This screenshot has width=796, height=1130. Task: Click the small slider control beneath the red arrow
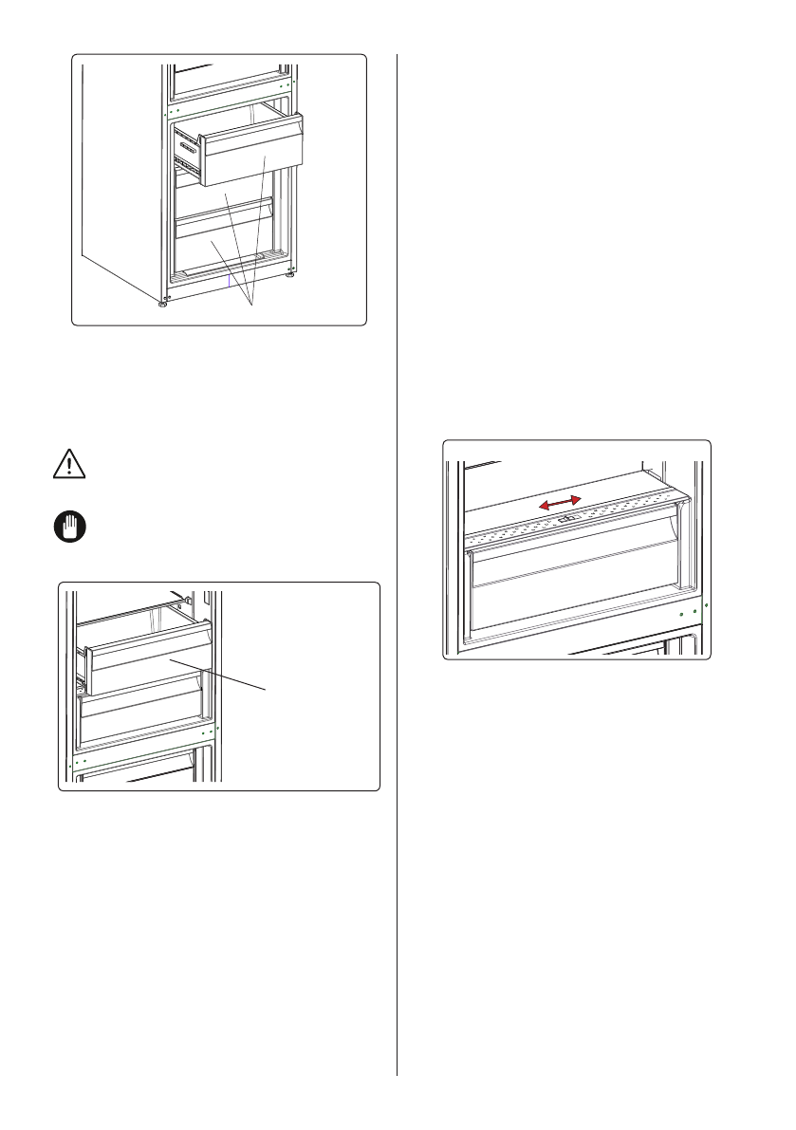coord(565,519)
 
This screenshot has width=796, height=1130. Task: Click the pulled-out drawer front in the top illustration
coord(253,152)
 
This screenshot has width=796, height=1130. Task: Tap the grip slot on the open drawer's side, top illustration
coord(186,147)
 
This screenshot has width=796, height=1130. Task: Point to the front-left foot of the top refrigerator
coord(162,304)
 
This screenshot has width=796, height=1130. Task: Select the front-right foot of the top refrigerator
coord(288,277)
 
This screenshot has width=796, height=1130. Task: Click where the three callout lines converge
coord(251,305)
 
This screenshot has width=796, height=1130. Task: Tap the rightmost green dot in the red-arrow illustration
coord(707,603)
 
